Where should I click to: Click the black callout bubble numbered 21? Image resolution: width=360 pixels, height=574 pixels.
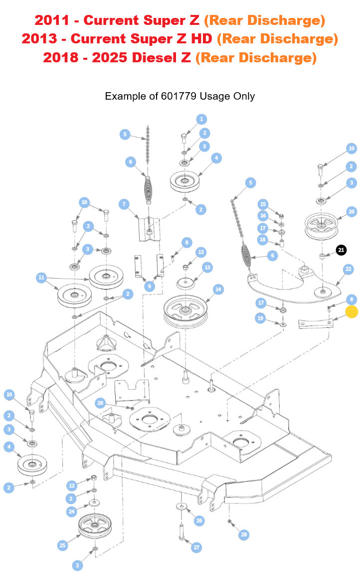click(341, 250)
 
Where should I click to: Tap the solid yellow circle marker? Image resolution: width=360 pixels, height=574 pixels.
click(352, 312)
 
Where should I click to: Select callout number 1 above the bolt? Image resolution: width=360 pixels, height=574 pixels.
click(201, 119)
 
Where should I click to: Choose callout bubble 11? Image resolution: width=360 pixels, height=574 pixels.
click(41, 278)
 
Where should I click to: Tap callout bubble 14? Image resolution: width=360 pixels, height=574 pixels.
click(218, 289)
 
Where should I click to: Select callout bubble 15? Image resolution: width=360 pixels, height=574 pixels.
click(263, 204)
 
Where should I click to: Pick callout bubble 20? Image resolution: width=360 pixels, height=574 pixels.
click(352, 212)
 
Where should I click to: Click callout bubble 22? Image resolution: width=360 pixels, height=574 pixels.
click(348, 269)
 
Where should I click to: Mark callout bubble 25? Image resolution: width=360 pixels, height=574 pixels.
click(62, 546)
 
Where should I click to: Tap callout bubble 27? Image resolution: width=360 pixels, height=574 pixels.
click(196, 547)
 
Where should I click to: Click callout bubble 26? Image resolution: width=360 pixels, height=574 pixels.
click(199, 521)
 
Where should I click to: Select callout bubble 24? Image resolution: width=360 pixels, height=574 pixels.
click(72, 512)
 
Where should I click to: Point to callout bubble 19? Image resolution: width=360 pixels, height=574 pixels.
click(260, 318)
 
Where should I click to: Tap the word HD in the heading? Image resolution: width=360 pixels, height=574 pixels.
click(202, 39)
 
